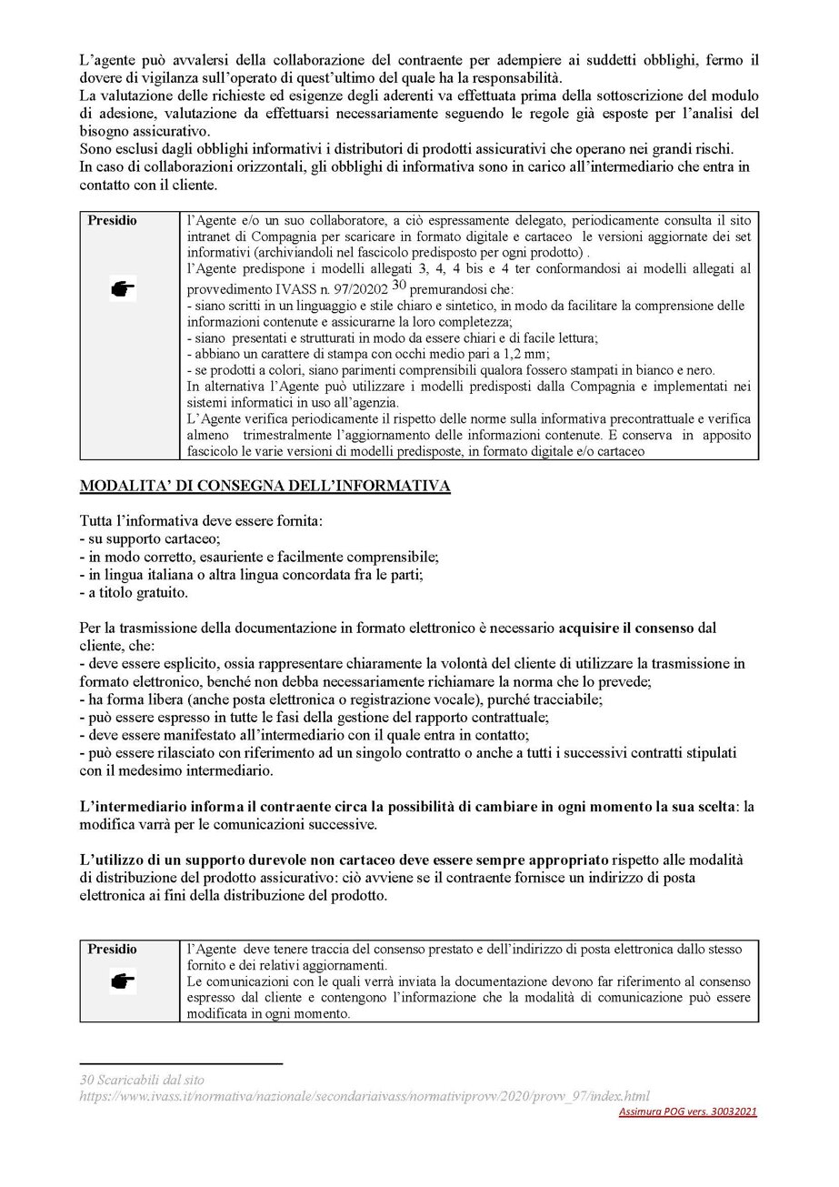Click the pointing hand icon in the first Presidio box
(x=121, y=289)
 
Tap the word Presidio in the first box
(x=114, y=221)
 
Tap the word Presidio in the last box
(x=114, y=950)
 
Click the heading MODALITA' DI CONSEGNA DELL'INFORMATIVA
(x=265, y=487)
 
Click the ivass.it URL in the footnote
(x=365, y=1096)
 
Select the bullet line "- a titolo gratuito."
(x=134, y=592)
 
